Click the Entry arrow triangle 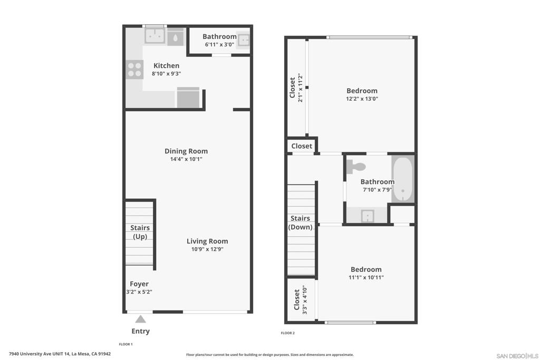point(140,319)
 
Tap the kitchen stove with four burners point(134,69)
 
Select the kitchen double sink point(155,36)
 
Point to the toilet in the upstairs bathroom point(356,167)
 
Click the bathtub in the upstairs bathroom point(403,179)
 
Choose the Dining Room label point(186,151)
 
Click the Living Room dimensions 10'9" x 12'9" point(207,249)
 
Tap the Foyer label point(139,284)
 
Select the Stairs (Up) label point(140,232)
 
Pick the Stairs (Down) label point(300,222)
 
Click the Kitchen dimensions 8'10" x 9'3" point(166,73)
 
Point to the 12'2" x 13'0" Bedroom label point(362,91)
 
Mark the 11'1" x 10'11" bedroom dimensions point(366,277)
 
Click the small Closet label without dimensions point(302,146)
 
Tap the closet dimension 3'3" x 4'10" point(304,299)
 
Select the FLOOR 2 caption point(287,333)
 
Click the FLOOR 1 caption point(126,344)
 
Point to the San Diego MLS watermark point(517,356)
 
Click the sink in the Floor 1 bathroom point(243,40)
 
